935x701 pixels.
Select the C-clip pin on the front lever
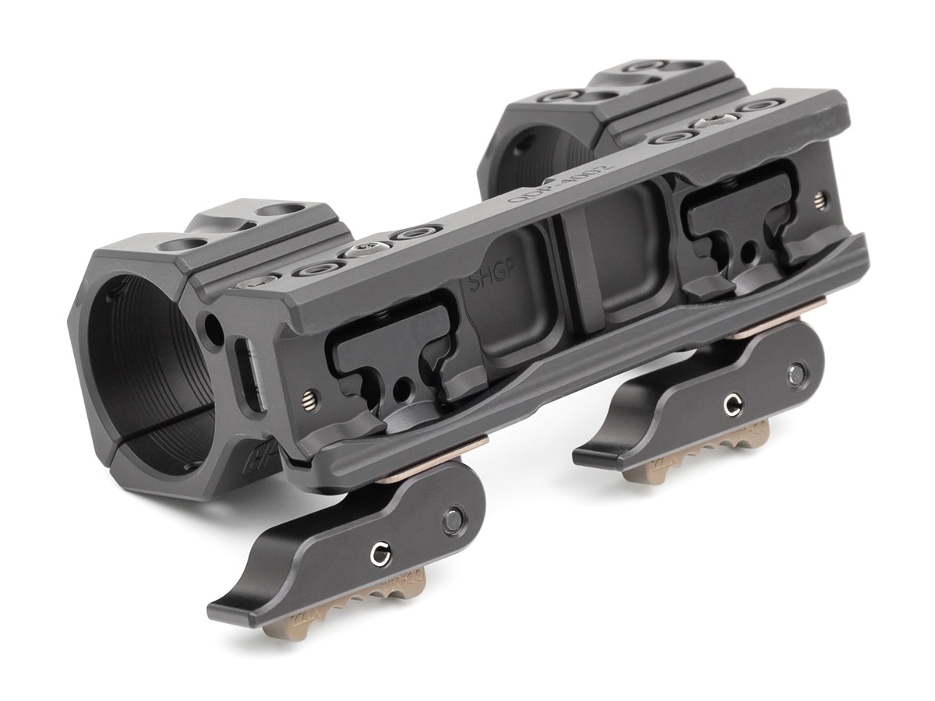[379, 555]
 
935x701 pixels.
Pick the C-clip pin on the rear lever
[731, 403]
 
